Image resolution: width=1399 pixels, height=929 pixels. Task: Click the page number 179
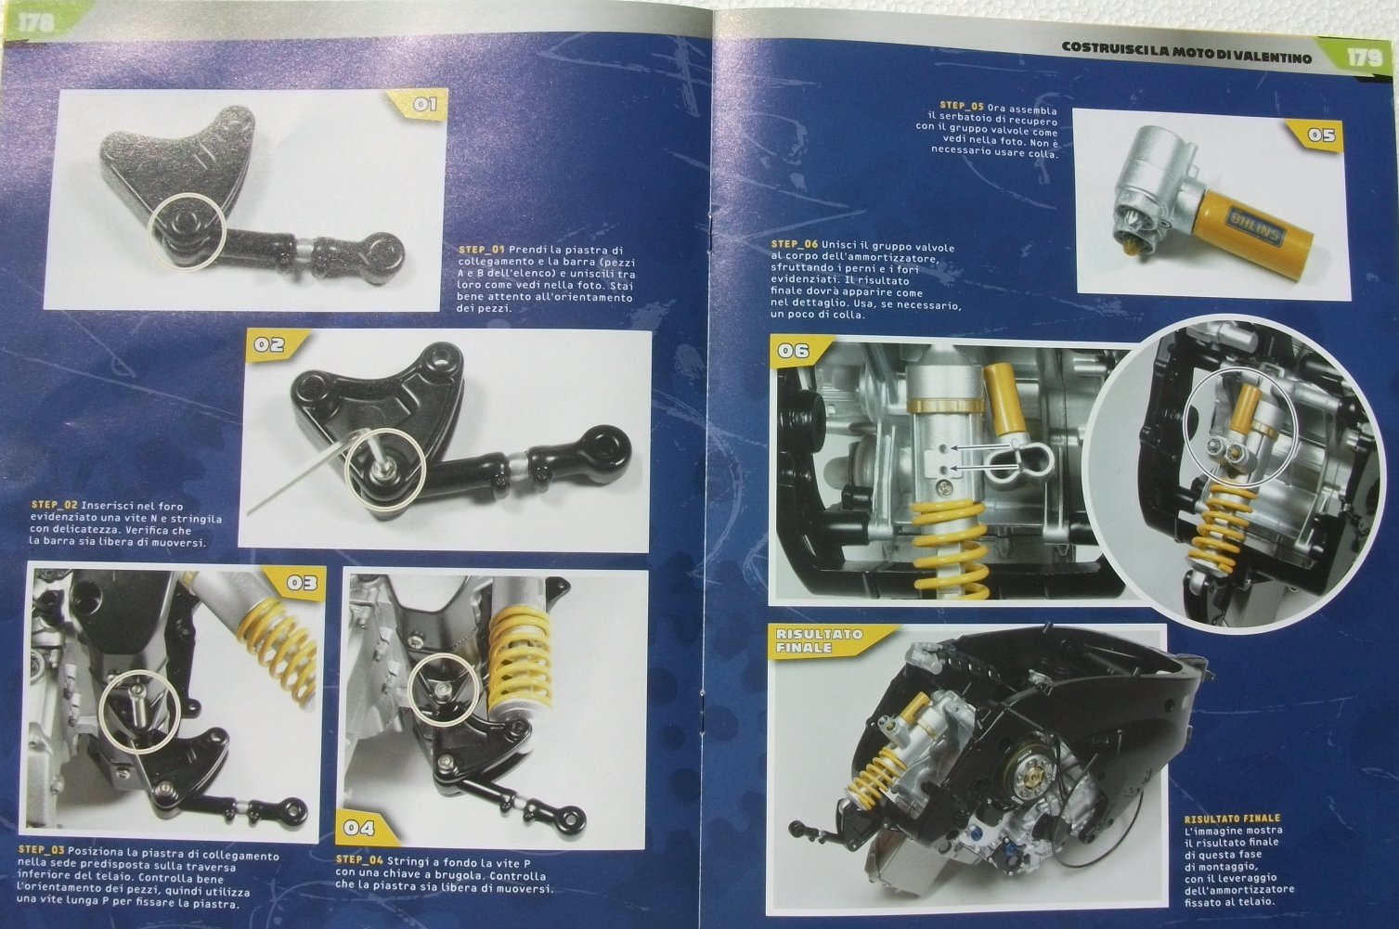click(x=1364, y=58)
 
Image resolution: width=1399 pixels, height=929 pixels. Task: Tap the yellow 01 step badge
click(x=421, y=105)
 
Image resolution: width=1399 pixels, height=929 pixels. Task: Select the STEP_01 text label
click(x=484, y=249)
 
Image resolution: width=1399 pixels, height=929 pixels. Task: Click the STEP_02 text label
click(x=55, y=506)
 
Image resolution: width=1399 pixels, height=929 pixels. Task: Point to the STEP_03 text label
click(x=41, y=850)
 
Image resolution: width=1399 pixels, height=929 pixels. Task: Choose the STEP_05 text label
click(x=961, y=107)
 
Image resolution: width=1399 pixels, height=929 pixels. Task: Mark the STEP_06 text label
click(x=795, y=245)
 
